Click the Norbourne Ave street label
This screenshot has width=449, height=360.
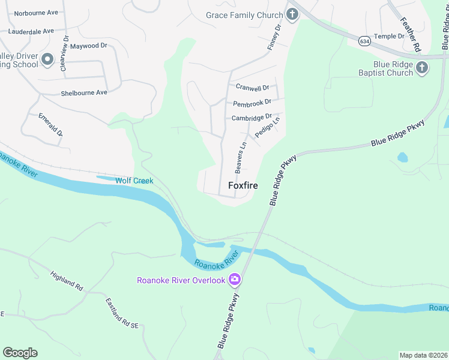(x=35, y=13)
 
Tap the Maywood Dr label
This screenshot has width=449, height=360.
(x=88, y=46)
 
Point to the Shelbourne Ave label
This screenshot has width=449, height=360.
(x=83, y=93)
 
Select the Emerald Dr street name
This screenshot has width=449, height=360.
(x=50, y=124)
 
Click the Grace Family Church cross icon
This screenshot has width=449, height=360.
(x=292, y=15)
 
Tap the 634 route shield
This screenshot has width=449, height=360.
(x=364, y=41)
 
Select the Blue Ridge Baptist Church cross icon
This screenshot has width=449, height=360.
(x=422, y=68)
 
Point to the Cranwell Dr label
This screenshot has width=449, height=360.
(x=252, y=88)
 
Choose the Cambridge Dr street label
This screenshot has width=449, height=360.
(x=252, y=118)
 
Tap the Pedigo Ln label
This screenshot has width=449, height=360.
(x=268, y=128)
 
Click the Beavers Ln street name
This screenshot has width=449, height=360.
(x=241, y=158)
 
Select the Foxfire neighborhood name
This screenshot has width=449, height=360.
(x=243, y=186)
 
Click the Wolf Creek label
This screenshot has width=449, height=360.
(x=134, y=181)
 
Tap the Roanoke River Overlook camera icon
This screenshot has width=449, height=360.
(x=234, y=280)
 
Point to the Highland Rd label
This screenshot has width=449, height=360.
(x=66, y=281)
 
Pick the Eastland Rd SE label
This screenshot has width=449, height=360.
(x=122, y=313)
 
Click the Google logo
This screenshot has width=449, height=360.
(x=20, y=353)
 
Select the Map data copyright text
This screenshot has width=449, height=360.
(x=423, y=355)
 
